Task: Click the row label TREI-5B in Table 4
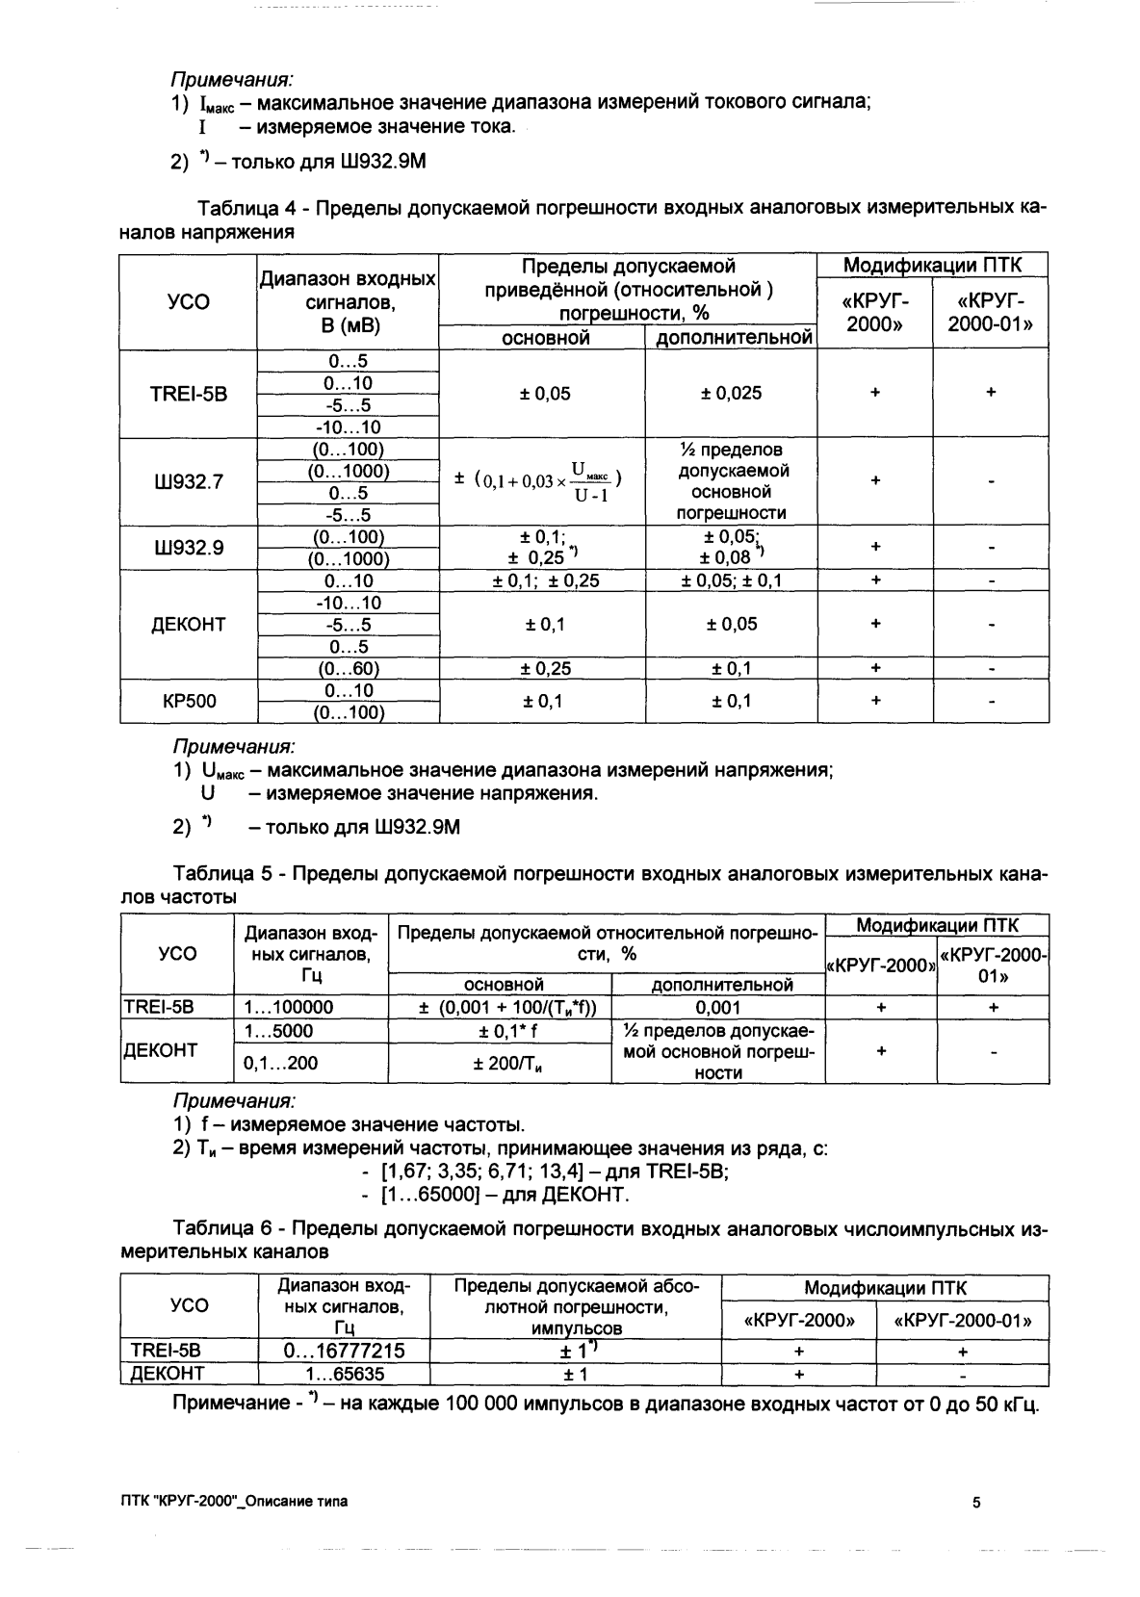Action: [x=189, y=394]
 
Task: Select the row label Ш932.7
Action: [x=189, y=482]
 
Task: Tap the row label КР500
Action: [x=189, y=701]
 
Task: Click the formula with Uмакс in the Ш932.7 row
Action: [x=542, y=481]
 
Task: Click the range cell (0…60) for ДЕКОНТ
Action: [x=348, y=669]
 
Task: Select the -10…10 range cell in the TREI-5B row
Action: [x=348, y=427]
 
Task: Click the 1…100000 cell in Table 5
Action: [x=289, y=1008]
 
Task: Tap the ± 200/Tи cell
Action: [x=500, y=1064]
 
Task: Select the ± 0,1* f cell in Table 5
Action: [x=500, y=1031]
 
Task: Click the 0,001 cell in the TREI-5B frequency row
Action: [x=718, y=1008]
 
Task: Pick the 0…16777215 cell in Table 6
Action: [x=345, y=1351]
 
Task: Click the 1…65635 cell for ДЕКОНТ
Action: [x=345, y=1374]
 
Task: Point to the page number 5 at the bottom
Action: [x=976, y=1502]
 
